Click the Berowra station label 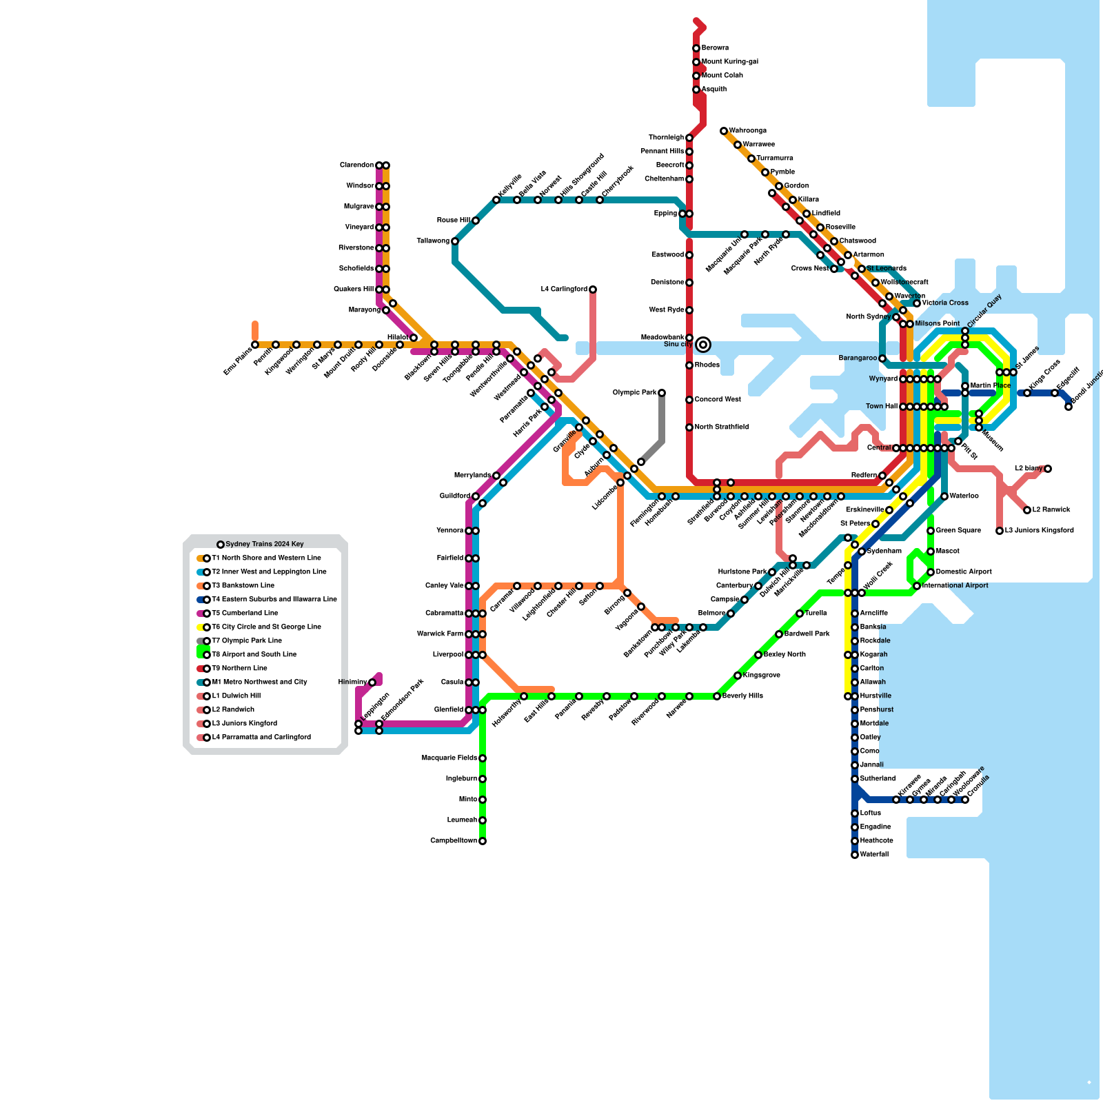715,48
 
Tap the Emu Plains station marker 255,345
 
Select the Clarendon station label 356,165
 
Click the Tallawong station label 432,241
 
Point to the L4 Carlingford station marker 593,290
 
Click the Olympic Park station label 634,393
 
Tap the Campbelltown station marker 483,841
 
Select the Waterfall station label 874,855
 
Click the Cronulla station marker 965,800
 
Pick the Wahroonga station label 748,131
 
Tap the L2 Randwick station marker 1027,510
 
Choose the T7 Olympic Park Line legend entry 246,641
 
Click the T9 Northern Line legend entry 239,669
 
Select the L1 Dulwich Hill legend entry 236,696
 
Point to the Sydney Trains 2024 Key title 265,545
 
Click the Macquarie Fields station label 449,758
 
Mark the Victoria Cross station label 945,303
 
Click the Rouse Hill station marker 476,221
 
